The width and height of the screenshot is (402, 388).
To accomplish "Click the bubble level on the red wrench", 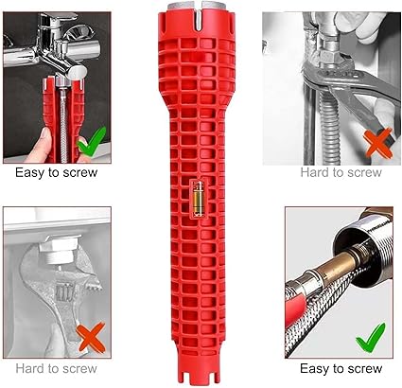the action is click(x=199, y=199).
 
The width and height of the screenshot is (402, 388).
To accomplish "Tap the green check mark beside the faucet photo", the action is click(x=91, y=142).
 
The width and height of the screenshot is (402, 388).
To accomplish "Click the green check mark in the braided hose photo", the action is click(x=371, y=339).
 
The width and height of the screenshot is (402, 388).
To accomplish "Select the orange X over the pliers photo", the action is click(x=378, y=144).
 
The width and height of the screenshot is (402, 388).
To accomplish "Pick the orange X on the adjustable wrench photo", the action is click(x=92, y=338).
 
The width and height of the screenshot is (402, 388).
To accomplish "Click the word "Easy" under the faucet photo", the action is click(x=29, y=173).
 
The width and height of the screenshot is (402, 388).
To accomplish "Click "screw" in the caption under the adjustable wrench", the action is click(x=80, y=368).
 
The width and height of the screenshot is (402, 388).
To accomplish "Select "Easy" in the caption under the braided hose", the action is click(x=314, y=369).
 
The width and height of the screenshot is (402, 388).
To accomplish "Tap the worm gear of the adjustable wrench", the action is click(x=64, y=291).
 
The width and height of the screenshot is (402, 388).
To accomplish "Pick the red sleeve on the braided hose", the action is click(x=294, y=311).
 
